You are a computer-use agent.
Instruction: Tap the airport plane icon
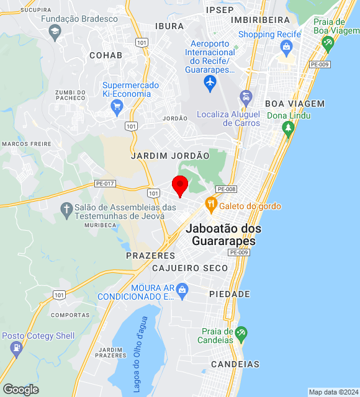210,83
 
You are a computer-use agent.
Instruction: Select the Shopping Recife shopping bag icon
286,47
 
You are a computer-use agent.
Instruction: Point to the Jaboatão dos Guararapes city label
223,234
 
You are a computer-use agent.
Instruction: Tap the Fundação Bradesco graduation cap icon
55,32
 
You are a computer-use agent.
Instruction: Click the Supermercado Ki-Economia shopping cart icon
116,107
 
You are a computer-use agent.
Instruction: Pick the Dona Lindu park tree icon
287,128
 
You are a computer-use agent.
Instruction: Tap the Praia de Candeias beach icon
241,333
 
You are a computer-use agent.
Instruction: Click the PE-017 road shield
105,184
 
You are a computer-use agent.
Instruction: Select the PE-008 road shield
226,189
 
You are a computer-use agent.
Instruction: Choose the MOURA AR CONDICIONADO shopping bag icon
182,288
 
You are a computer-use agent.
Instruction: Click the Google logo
20,390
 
